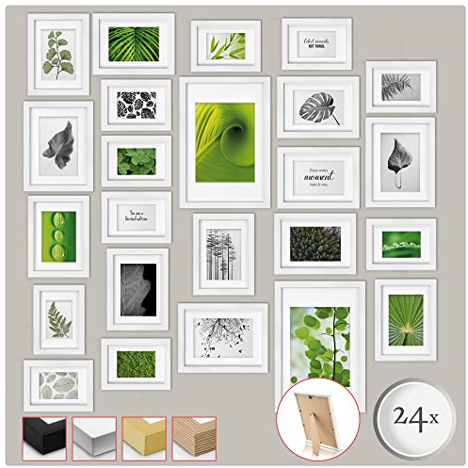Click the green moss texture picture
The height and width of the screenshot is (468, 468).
pos(137,363)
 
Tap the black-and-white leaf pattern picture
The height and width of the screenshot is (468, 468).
pos(136,104)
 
